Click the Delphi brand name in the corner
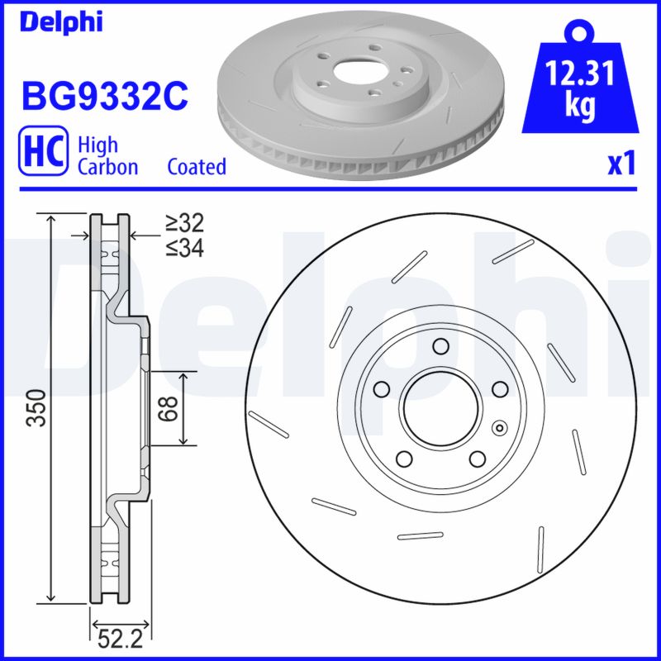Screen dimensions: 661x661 click(x=61, y=22)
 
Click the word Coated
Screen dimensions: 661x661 click(x=197, y=167)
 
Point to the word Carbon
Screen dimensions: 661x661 click(x=107, y=167)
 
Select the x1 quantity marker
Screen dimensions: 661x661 click(x=621, y=164)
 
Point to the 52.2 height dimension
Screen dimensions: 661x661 click(x=117, y=637)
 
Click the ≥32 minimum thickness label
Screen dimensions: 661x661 click(x=183, y=222)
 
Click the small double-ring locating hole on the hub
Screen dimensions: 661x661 click(x=498, y=428)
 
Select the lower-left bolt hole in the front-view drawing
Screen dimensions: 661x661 click(x=403, y=459)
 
